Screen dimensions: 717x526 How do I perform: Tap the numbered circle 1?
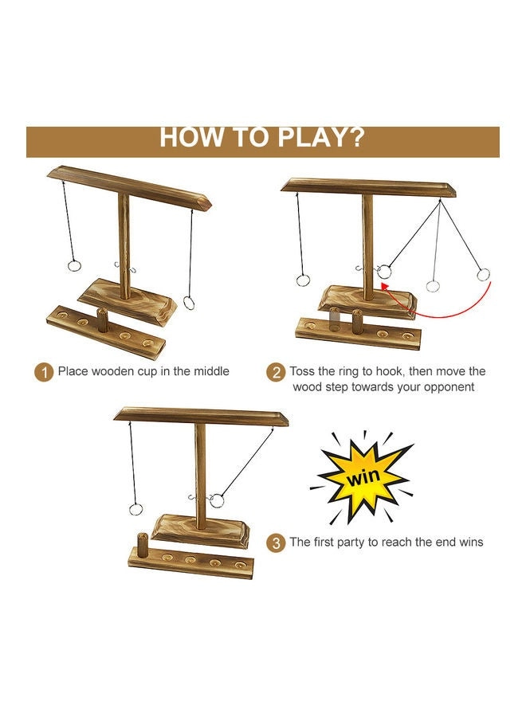point(45,371)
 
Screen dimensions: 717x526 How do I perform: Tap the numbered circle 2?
point(276,372)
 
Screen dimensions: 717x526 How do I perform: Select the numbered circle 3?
point(276,543)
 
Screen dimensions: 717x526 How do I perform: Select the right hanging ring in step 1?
point(189,301)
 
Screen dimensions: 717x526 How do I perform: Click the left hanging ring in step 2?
point(304,280)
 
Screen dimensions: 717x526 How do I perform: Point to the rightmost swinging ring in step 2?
point(482,275)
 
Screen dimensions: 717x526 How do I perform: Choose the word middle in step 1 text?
point(209,371)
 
